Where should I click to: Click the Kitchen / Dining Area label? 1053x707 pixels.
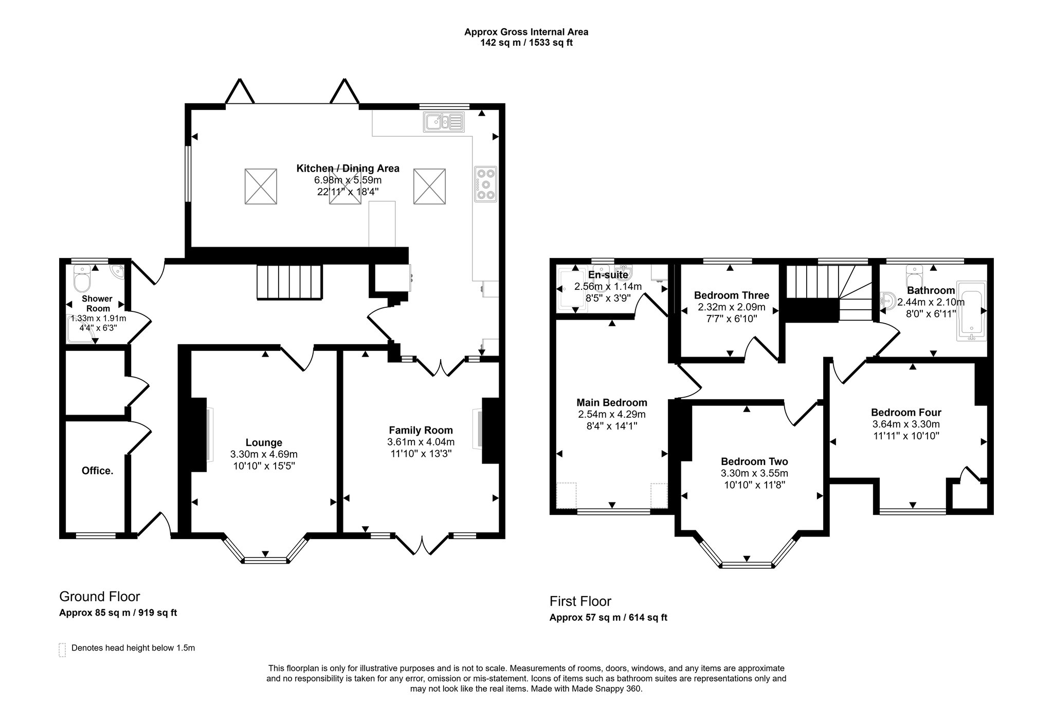[348, 168]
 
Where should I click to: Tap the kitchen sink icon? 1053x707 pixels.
[444, 122]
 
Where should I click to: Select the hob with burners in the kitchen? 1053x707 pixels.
[486, 183]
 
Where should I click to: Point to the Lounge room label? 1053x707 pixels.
[264, 442]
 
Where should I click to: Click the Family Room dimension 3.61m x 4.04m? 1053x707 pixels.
[421, 442]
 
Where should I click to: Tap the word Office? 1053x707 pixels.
[98, 471]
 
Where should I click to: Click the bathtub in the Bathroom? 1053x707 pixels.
[971, 311]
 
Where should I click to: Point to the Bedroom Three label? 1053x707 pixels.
[731, 295]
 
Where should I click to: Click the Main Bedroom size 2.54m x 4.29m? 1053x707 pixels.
[612, 414]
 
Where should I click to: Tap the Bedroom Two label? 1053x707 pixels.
[754, 461]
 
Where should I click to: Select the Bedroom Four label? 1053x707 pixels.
[906, 412]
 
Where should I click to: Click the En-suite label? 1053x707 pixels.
[608, 275]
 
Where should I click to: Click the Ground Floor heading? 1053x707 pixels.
[100, 597]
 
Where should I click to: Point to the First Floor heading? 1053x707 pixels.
[580, 601]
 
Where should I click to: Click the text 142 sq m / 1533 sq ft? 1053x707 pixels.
[526, 43]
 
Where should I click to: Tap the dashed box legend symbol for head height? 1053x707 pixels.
[63, 650]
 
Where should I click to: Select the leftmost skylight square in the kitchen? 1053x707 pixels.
[262, 186]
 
